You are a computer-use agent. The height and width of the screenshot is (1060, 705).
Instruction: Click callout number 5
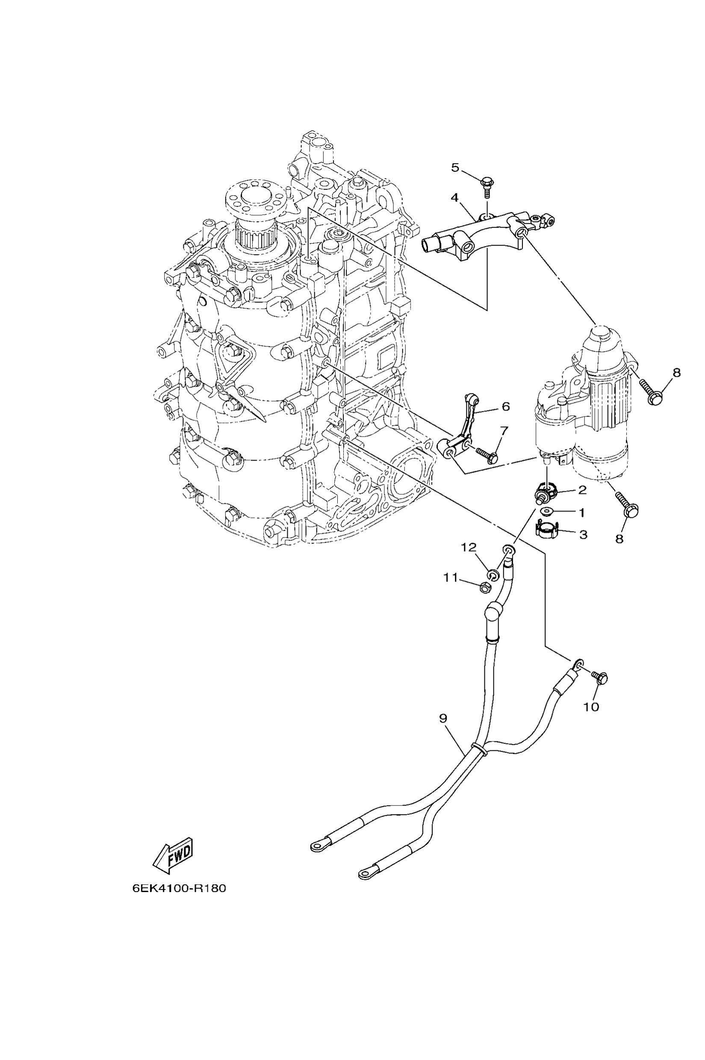tap(455, 167)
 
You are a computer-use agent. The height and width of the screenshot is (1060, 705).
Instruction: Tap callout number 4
tap(454, 198)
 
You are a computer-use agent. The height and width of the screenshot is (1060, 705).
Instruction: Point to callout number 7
tap(503, 431)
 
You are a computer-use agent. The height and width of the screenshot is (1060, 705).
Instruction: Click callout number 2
tap(582, 489)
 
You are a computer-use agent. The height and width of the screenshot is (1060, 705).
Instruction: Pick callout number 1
tap(582, 512)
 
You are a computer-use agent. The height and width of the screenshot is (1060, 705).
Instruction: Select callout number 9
tap(443, 718)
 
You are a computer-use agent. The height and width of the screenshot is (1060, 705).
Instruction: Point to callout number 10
tap(591, 707)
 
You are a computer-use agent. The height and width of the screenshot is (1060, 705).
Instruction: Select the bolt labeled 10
tap(600, 677)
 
